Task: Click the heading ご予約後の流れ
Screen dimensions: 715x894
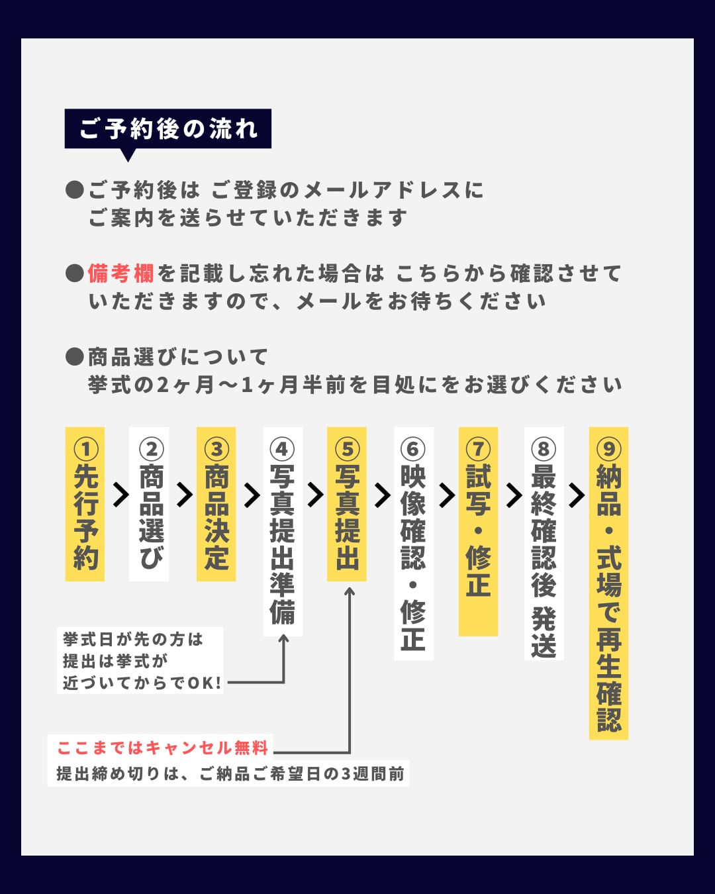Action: [x=167, y=128]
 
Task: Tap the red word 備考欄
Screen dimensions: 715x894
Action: [x=120, y=273]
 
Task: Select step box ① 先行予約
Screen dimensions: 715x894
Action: [x=85, y=504]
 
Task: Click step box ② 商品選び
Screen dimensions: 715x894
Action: [x=150, y=504]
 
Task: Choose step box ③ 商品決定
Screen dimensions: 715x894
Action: [x=216, y=504]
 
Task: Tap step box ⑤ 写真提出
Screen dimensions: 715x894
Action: [x=347, y=504]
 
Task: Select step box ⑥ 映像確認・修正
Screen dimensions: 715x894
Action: [x=413, y=543]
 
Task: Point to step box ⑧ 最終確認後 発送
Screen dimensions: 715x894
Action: [x=544, y=543]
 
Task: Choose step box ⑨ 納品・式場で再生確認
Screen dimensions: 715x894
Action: [x=608, y=583]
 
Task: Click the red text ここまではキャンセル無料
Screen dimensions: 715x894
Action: [x=162, y=748]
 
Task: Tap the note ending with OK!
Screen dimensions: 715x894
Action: [x=141, y=661]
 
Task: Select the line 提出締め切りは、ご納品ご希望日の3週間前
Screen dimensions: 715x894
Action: [x=230, y=773]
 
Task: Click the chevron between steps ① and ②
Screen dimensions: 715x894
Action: [x=120, y=495]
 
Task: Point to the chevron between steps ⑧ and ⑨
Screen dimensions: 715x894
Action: [x=577, y=495]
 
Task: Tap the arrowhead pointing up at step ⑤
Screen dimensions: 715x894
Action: [x=350, y=591]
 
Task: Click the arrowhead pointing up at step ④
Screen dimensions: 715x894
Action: [x=283, y=640]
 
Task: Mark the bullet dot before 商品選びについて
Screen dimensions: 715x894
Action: [x=74, y=357]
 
